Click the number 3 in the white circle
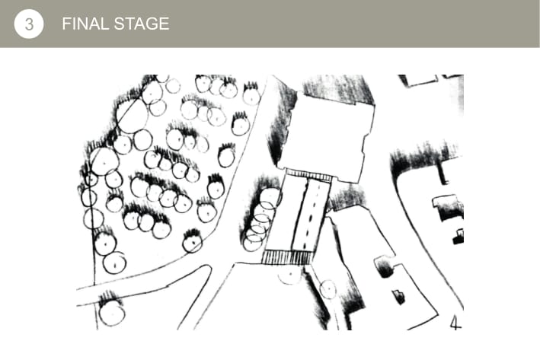click(29, 24)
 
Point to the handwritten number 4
click(455, 323)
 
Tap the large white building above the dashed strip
click(328, 136)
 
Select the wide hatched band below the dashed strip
click(287, 257)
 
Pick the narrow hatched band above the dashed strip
click(308, 176)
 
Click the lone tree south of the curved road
click(112, 313)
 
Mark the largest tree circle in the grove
click(132, 116)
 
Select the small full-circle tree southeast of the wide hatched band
click(328, 289)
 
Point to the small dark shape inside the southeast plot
click(399, 297)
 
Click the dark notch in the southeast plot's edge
click(385, 268)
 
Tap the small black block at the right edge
click(459, 237)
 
